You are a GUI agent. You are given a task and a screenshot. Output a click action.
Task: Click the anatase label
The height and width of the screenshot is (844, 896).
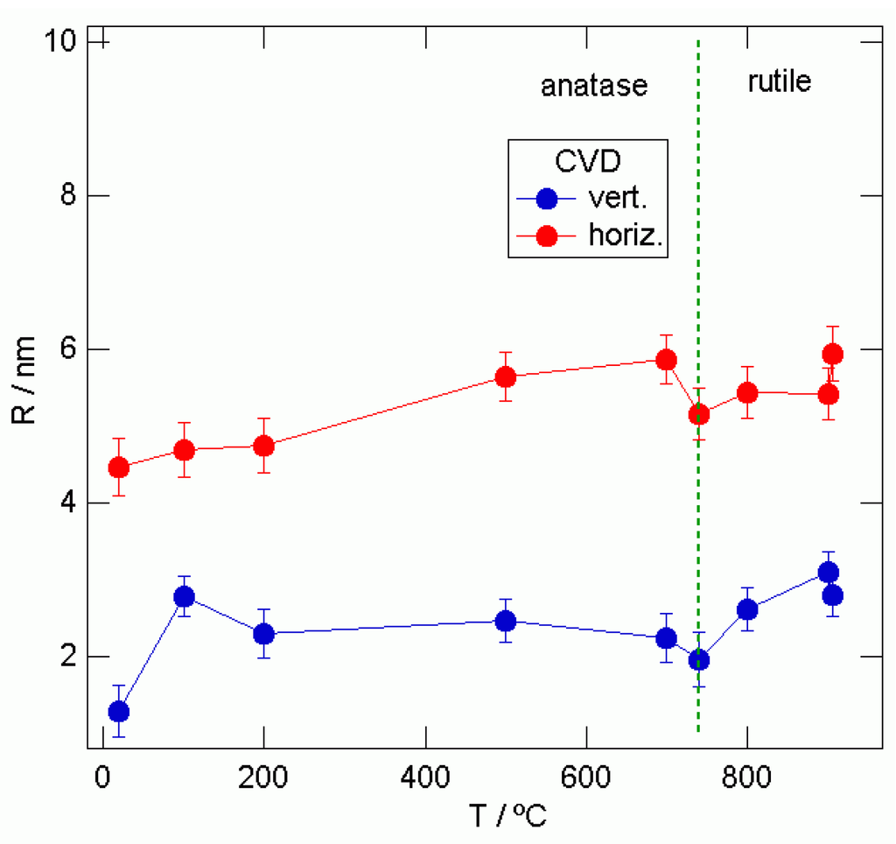tap(594, 86)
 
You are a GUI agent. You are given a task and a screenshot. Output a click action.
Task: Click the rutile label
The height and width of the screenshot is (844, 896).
tap(779, 81)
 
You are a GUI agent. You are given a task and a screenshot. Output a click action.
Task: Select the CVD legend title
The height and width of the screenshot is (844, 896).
tap(589, 162)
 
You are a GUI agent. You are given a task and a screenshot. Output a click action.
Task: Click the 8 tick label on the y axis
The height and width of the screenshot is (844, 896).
tap(68, 195)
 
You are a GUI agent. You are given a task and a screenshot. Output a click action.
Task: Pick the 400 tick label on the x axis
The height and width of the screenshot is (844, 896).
tap(424, 777)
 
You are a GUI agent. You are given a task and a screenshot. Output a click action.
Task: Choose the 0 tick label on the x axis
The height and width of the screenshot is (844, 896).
tap(102, 777)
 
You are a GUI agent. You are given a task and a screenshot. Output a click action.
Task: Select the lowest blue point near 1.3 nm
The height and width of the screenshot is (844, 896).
tap(119, 711)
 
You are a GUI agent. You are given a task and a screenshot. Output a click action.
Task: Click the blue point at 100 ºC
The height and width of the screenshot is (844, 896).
tap(184, 596)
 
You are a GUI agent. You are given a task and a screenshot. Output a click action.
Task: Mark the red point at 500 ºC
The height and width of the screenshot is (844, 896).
tap(505, 376)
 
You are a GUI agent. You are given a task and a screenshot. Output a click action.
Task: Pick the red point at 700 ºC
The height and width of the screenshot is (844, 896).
tap(666, 360)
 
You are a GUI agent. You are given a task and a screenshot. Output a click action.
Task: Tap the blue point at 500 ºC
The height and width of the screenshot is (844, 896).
tap(505, 621)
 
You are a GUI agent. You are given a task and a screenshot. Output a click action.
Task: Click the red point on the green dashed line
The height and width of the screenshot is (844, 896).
tap(698, 414)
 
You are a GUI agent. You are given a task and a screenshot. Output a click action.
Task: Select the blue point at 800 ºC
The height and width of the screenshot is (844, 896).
tap(747, 609)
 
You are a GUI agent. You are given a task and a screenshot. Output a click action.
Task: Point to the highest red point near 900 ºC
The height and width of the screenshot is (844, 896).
tap(833, 354)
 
